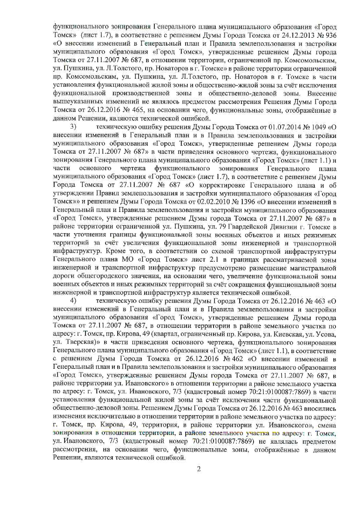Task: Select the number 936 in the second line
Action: (x=331, y=36)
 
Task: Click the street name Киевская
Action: (x=291, y=334)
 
